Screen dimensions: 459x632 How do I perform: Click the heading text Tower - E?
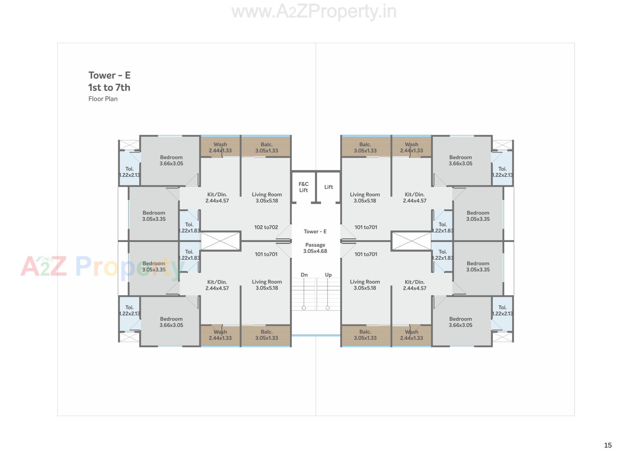[109, 75]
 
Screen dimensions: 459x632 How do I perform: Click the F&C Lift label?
[303, 187]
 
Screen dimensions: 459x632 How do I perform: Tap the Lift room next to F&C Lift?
[329, 187]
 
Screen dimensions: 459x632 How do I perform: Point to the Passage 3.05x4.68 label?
[315, 248]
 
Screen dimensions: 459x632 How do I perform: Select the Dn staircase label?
[304, 275]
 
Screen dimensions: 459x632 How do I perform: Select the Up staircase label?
[328, 275]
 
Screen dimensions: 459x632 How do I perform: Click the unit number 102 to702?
[266, 227]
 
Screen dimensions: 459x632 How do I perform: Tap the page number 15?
[608, 445]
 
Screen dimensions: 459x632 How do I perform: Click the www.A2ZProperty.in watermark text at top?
[314, 12]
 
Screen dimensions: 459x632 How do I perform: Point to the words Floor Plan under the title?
[103, 99]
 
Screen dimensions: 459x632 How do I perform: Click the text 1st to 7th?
[109, 87]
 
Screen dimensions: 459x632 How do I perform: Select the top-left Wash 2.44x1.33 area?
[220, 147]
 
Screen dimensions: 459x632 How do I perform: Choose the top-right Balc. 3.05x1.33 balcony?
[365, 147]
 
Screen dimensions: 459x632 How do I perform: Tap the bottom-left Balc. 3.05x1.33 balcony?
[266, 335]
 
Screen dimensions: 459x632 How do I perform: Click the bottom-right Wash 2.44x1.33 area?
[411, 335]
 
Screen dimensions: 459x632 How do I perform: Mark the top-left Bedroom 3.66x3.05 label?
[171, 160]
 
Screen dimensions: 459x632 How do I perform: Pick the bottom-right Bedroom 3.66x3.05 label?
[460, 322]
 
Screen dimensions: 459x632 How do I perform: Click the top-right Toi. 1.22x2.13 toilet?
[502, 172]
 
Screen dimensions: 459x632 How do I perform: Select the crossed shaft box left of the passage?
[221, 241]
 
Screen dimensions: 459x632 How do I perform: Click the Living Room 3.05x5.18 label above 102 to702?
[267, 198]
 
